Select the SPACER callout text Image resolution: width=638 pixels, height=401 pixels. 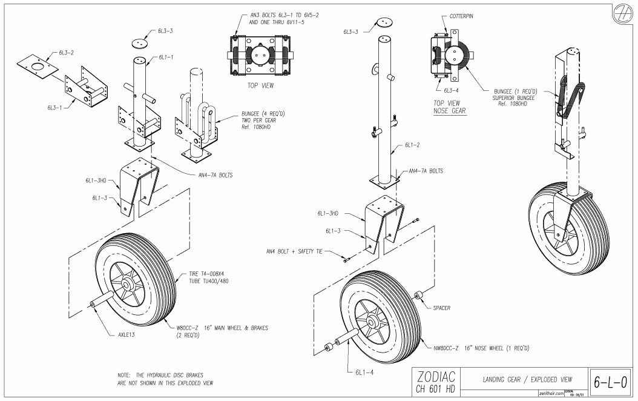[x=442, y=308]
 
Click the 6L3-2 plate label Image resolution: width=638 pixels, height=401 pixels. [x=67, y=53]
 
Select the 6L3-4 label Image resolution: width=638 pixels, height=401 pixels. [x=452, y=90]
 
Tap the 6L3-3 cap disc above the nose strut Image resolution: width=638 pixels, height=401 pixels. [x=383, y=22]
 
